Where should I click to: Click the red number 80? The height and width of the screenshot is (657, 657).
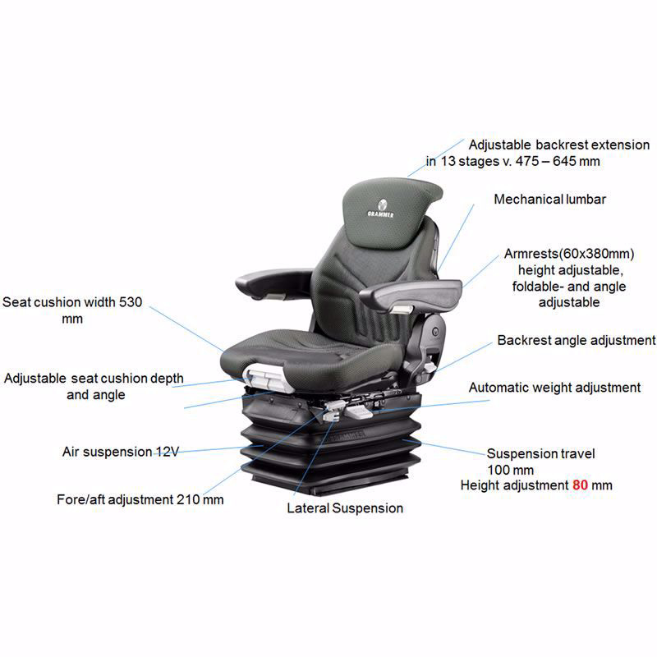[581, 485]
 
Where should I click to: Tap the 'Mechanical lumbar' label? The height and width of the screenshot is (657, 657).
[549, 200]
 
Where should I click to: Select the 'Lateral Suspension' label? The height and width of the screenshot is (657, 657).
[345, 508]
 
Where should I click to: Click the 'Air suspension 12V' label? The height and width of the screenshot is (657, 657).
[120, 452]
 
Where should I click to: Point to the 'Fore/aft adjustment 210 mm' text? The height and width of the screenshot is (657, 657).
[140, 499]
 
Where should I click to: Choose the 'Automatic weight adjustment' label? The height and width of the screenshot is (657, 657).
[554, 387]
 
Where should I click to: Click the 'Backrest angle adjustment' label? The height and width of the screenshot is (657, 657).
[576, 340]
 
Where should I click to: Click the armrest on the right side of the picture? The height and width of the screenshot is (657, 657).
[411, 293]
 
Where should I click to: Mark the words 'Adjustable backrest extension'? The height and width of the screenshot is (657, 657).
[558, 145]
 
